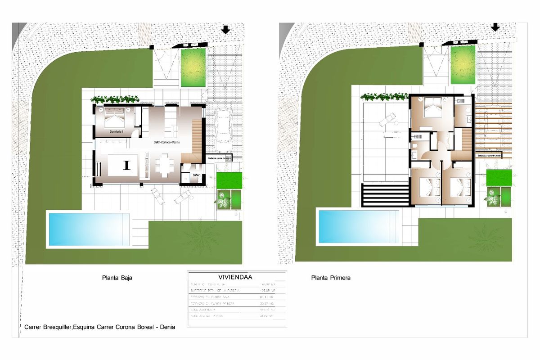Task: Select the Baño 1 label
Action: (x=196, y=174)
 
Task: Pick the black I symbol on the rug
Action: (x=126, y=165)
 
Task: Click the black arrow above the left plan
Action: (x=226, y=30)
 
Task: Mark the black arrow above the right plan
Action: (x=495, y=27)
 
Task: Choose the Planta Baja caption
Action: (x=117, y=278)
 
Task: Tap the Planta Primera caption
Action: (x=331, y=278)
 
